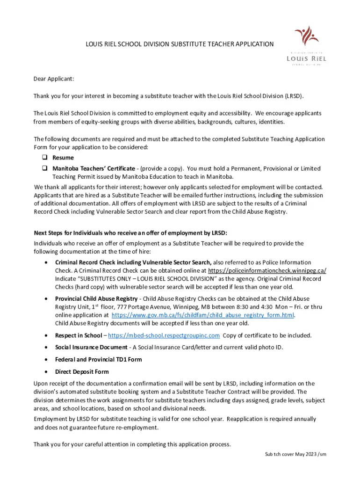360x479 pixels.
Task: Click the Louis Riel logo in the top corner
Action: (306, 45)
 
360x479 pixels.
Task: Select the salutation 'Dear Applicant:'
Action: (54, 79)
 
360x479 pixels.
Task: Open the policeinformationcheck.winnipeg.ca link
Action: (267, 271)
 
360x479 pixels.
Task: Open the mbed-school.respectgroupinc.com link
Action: (164, 335)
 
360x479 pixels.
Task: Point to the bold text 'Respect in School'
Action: (78, 335)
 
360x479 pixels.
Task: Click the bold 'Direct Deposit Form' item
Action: (82, 372)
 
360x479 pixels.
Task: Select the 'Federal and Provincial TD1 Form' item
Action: (98, 360)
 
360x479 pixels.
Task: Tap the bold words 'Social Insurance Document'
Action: (91, 348)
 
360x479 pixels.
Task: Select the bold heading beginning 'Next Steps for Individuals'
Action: (130, 233)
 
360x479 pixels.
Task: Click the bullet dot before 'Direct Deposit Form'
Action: (45, 372)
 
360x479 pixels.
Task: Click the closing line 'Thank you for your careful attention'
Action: (132, 444)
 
